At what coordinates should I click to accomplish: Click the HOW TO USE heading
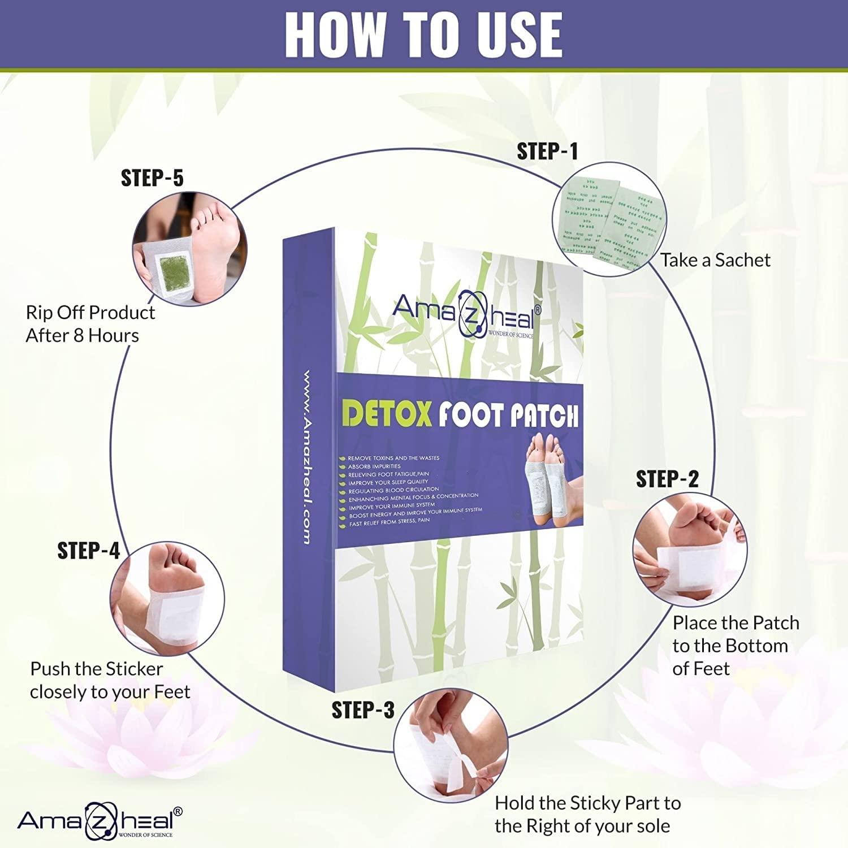coord(423,34)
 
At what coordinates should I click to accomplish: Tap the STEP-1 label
coord(547,152)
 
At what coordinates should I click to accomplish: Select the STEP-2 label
coord(667,479)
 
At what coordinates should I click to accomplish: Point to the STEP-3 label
coord(363,710)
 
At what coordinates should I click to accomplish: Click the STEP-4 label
coord(89,550)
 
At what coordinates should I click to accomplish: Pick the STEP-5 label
coord(152,178)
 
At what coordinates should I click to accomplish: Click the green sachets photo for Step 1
coord(609,219)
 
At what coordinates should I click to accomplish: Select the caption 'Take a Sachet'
coord(715,260)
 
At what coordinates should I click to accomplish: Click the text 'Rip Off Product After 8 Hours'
coord(90,324)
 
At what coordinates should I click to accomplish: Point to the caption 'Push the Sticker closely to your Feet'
coord(110,680)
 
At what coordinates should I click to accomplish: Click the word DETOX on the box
coord(387,414)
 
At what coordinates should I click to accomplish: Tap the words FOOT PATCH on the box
coord(508,416)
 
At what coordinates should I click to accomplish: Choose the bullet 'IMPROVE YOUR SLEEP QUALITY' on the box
coord(388,482)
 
